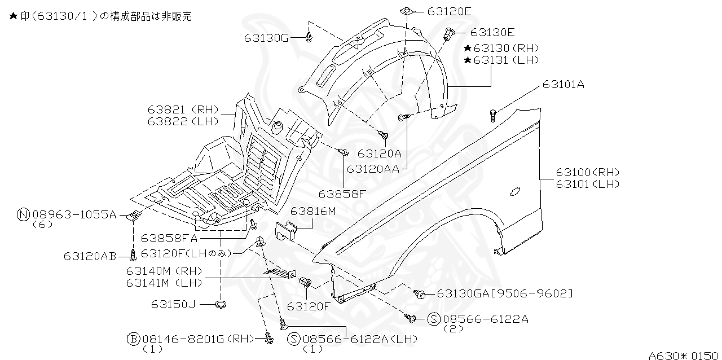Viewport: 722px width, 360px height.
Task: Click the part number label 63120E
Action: point(449,11)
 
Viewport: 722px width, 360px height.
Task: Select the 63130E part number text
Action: point(492,33)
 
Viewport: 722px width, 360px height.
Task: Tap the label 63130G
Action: point(266,38)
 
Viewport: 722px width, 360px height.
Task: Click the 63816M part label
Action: point(313,211)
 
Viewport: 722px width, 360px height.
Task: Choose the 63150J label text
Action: point(173,305)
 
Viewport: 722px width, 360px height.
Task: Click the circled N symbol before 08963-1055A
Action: point(23,214)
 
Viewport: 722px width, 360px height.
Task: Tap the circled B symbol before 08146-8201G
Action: point(133,339)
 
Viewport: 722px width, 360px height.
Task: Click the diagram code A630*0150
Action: point(683,355)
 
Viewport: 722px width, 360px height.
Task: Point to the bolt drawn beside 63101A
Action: point(493,116)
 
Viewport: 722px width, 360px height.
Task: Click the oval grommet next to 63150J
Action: point(221,305)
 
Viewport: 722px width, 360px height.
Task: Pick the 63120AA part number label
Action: point(373,168)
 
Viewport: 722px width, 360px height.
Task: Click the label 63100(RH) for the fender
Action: point(587,172)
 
